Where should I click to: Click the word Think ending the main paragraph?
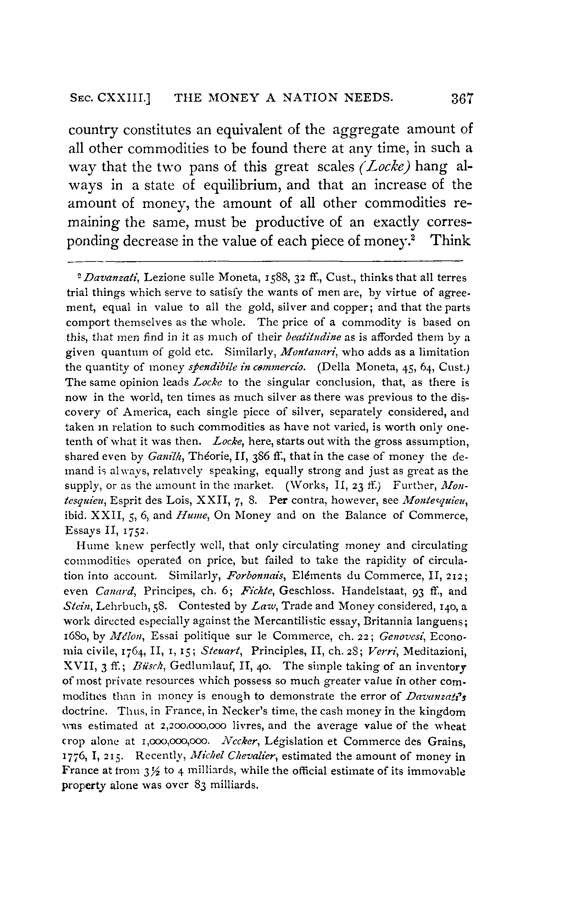pyautogui.click(x=450, y=240)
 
